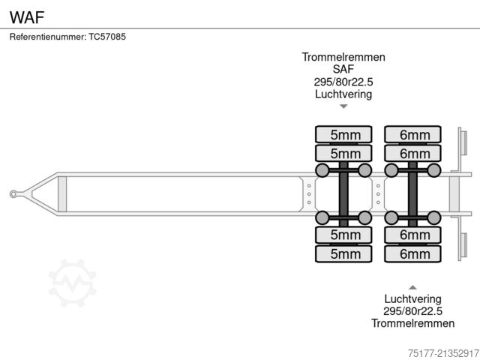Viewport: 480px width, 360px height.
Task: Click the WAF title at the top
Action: (x=25, y=14)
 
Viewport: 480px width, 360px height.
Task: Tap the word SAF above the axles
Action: (x=343, y=70)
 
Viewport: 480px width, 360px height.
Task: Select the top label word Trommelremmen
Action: (x=343, y=58)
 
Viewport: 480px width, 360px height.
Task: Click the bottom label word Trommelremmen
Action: (x=412, y=323)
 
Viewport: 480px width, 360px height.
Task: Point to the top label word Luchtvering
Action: (x=343, y=94)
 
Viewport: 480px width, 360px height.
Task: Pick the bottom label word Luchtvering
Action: (x=412, y=299)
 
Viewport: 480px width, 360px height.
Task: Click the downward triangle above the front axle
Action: (x=343, y=106)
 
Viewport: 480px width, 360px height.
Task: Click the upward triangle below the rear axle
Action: (x=412, y=286)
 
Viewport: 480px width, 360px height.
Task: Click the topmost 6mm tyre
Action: (x=413, y=135)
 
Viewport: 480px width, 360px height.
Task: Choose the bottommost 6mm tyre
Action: (x=413, y=253)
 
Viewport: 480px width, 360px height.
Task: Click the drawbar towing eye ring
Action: (x=14, y=194)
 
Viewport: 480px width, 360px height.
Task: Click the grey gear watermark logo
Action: (x=73, y=283)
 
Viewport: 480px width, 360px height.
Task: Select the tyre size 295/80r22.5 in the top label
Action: (x=343, y=82)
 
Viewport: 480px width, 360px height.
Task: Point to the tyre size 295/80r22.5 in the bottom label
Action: (x=412, y=311)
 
